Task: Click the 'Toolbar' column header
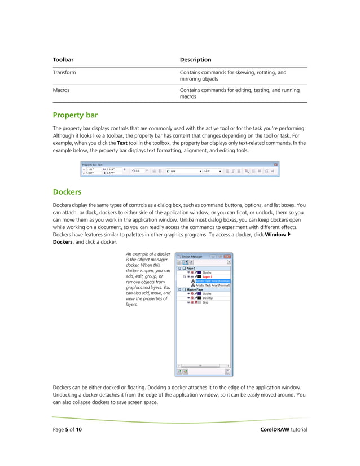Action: click(x=63, y=59)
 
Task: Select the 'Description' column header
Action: click(x=195, y=59)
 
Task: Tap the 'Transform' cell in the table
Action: click(x=64, y=73)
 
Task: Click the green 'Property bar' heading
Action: click(x=75, y=115)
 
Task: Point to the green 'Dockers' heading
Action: click(x=67, y=191)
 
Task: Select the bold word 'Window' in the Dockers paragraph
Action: click(x=275, y=234)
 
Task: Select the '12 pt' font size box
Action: click(x=212, y=170)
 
